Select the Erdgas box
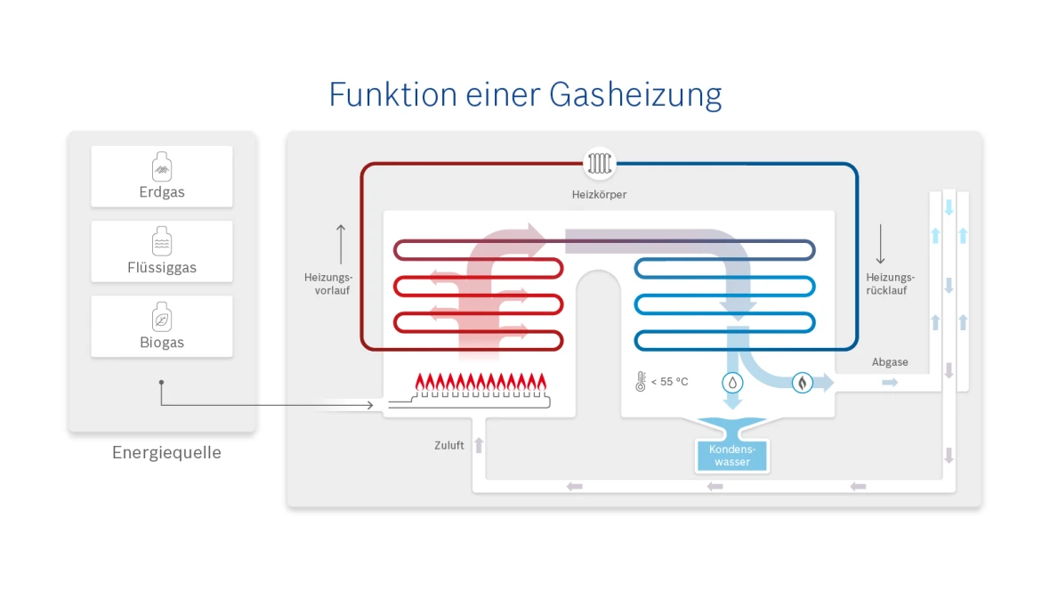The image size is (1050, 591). pos(162,176)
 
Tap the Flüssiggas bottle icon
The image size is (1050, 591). pos(162,242)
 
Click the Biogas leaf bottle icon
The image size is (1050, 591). pos(162,317)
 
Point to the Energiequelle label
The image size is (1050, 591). pos(166,453)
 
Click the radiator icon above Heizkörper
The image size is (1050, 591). pos(599,164)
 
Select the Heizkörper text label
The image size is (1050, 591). pos(599,194)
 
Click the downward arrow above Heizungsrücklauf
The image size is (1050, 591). pos(880,243)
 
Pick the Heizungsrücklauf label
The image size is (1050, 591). pos(890,284)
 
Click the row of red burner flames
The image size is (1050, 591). pos(481,384)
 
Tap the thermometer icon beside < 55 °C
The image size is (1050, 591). pos(640,382)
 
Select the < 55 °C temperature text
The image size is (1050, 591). pos(669,382)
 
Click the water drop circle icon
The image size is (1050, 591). pos(731,383)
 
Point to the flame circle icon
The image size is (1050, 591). pos(802,383)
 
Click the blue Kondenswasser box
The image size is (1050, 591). pos(731,455)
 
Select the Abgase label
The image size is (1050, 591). pos(890,362)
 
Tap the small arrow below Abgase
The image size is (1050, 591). pos(890,383)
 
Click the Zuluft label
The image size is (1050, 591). pos(449,445)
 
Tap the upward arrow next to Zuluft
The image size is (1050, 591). pos(479,445)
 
